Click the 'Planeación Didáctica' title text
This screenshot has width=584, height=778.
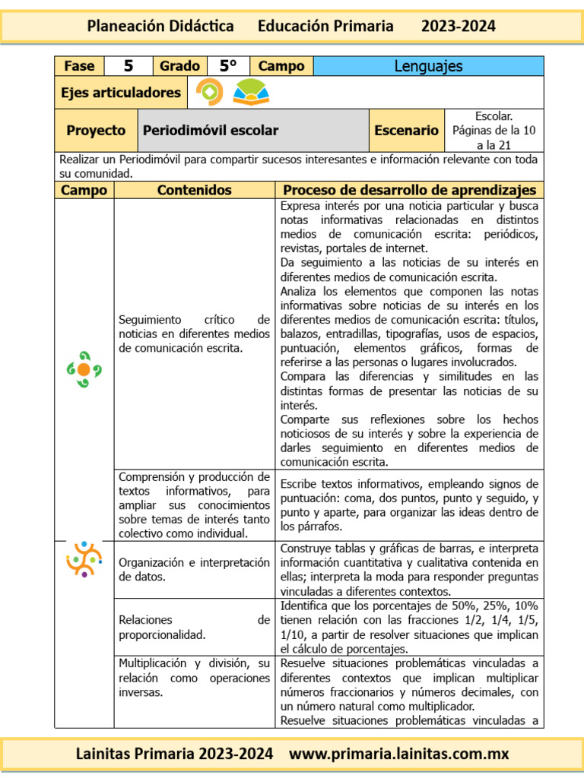point(160,27)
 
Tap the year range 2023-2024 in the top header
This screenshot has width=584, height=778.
point(458,27)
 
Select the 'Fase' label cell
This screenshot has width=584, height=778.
point(79,66)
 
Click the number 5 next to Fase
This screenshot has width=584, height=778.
point(129,66)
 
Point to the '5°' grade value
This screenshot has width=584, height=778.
point(228,66)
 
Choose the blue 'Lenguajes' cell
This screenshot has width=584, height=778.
point(428,66)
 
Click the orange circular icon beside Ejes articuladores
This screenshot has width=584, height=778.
point(209,92)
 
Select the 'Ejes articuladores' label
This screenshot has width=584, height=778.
point(121,93)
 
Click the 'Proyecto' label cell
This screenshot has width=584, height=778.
point(96,131)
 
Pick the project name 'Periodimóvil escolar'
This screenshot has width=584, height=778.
point(211,131)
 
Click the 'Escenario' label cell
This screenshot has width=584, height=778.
point(406,131)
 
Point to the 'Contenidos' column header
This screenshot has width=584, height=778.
point(194,190)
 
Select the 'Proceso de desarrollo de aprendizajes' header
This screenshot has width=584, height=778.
point(409,190)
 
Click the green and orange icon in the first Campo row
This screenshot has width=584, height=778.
point(84,369)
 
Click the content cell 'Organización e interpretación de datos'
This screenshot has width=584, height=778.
point(194,569)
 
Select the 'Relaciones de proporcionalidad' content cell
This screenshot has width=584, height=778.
point(194,628)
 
